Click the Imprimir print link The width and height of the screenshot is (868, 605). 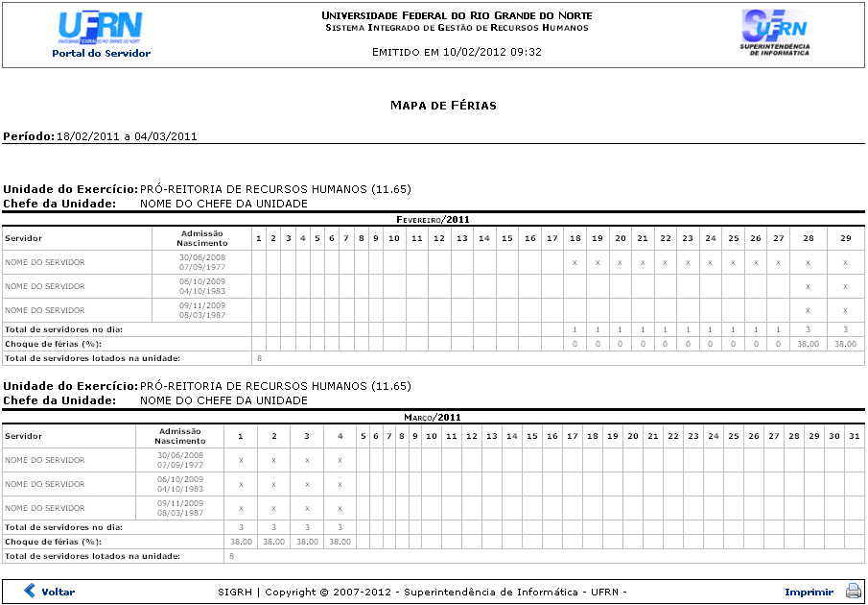pyautogui.click(x=809, y=592)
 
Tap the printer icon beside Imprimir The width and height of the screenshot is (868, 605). pyautogui.click(x=853, y=592)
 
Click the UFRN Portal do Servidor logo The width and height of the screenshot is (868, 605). pyautogui.click(x=100, y=34)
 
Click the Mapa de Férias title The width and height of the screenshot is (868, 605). pyautogui.click(x=443, y=105)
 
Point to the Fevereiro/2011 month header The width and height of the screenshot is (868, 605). pyautogui.click(x=433, y=220)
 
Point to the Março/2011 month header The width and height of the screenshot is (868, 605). pyautogui.click(x=433, y=418)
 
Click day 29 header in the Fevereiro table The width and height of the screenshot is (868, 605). pyautogui.click(x=845, y=238)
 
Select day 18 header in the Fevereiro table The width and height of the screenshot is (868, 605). pyautogui.click(x=575, y=238)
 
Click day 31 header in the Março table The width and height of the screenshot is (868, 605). pyautogui.click(x=854, y=436)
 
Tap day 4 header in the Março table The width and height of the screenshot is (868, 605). pyautogui.click(x=340, y=436)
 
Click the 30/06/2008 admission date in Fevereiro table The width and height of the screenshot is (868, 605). pyautogui.click(x=201, y=257)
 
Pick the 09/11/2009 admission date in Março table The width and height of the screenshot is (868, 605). pyautogui.click(x=180, y=503)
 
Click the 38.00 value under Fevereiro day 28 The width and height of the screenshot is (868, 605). pyautogui.click(x=808, y=344)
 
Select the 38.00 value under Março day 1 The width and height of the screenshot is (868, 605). pyautogui.click(x=240, y=542)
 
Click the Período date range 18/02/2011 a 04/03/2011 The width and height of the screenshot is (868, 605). pyautogui.click(x=127, y=136)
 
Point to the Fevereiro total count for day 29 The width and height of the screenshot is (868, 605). pyautogui.click(x=845, y=329)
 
